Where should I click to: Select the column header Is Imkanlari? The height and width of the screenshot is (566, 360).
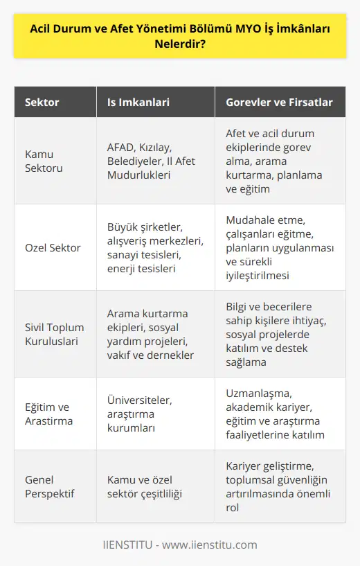[138, 103]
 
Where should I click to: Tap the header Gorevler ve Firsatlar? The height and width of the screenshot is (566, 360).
[280, 103]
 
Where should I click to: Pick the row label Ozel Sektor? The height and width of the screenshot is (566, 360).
[53, 247]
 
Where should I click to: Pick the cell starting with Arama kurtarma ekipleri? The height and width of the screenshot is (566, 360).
[150, 335]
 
